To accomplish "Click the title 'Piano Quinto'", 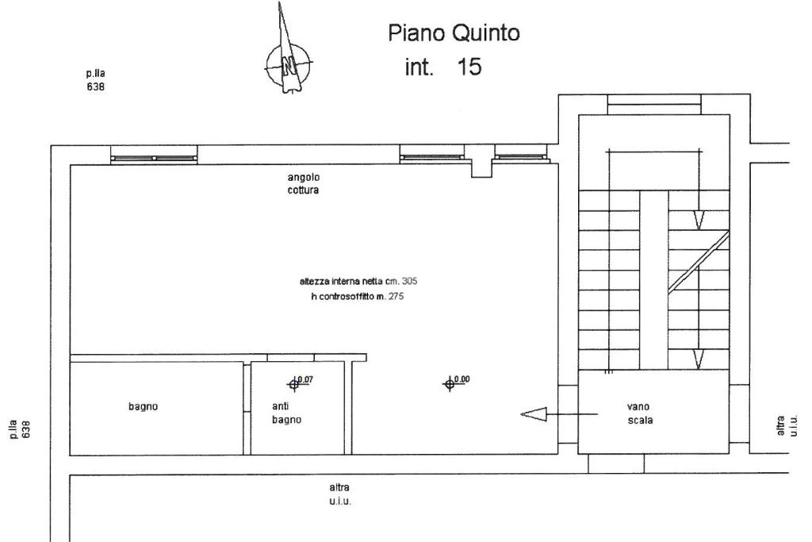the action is click(x=454, y=33).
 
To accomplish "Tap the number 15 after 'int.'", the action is click(x=469, y=67).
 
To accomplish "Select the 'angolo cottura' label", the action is click(x=304, y=183).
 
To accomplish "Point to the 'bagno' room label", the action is click(x=143, y=406).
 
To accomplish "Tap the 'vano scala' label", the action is click(x=640, y=413).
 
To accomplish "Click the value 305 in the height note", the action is click(x=409, y=281).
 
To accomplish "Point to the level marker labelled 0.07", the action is click(x=295, y=384).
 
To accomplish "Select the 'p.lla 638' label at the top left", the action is click(x=96, y=81).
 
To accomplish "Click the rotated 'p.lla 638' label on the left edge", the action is click(x=27, y=429).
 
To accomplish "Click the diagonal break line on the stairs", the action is click(x=698, y=262).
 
